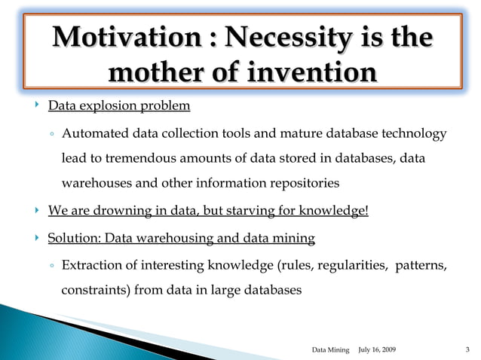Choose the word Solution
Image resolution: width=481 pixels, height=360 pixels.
(x=74, y=239)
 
